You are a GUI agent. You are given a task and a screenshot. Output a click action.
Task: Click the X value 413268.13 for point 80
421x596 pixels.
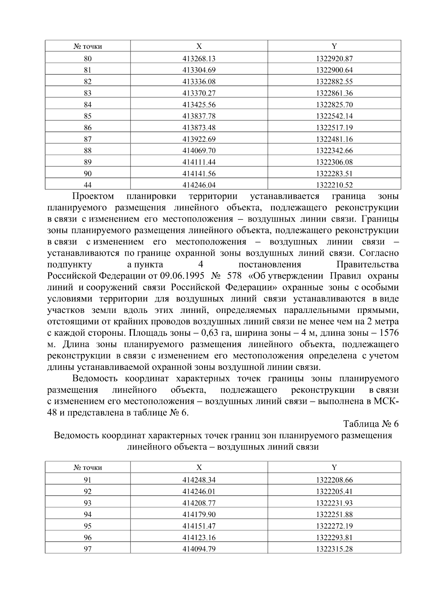pos(199,59)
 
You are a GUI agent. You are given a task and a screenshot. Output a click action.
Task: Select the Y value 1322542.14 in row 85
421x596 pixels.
pos(334,116)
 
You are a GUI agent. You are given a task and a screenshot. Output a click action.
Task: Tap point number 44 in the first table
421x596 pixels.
pos(88,185)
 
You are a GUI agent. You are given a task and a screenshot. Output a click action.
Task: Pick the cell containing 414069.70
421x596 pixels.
pos(199,151)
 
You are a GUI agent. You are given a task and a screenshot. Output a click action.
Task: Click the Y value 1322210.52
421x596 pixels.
pos(334,185)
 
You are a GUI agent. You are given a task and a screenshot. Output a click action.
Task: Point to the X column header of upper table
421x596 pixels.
pos(199,46)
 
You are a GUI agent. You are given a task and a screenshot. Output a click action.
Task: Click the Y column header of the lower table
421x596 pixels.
pos(334,467)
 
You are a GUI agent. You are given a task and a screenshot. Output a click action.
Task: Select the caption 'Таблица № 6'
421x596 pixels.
pos(371,424)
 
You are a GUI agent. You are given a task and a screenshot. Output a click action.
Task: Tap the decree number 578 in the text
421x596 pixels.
pos(234,276)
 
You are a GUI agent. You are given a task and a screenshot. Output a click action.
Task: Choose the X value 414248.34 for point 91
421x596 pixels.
pos(199,480)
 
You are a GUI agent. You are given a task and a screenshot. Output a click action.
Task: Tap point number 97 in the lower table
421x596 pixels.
pos(88,549)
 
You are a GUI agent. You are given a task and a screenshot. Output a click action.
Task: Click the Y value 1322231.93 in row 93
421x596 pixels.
pos(334,503)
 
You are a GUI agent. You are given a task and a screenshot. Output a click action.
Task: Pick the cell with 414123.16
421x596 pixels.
pos(199,538)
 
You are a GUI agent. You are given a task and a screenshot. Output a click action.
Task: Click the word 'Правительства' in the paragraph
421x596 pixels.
pos(367,264)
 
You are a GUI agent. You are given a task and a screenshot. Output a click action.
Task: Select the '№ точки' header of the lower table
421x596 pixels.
pos(88,468)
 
